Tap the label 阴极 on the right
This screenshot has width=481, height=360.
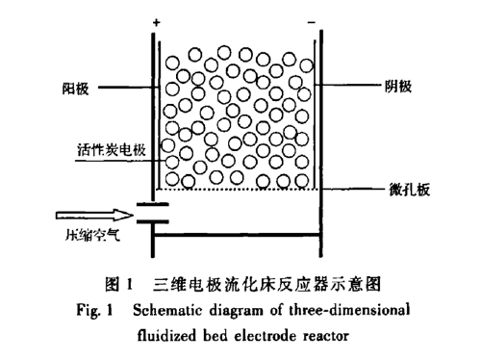(398, 87)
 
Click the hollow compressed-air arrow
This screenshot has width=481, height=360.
(86, 217)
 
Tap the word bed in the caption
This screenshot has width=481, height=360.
(221, 336)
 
